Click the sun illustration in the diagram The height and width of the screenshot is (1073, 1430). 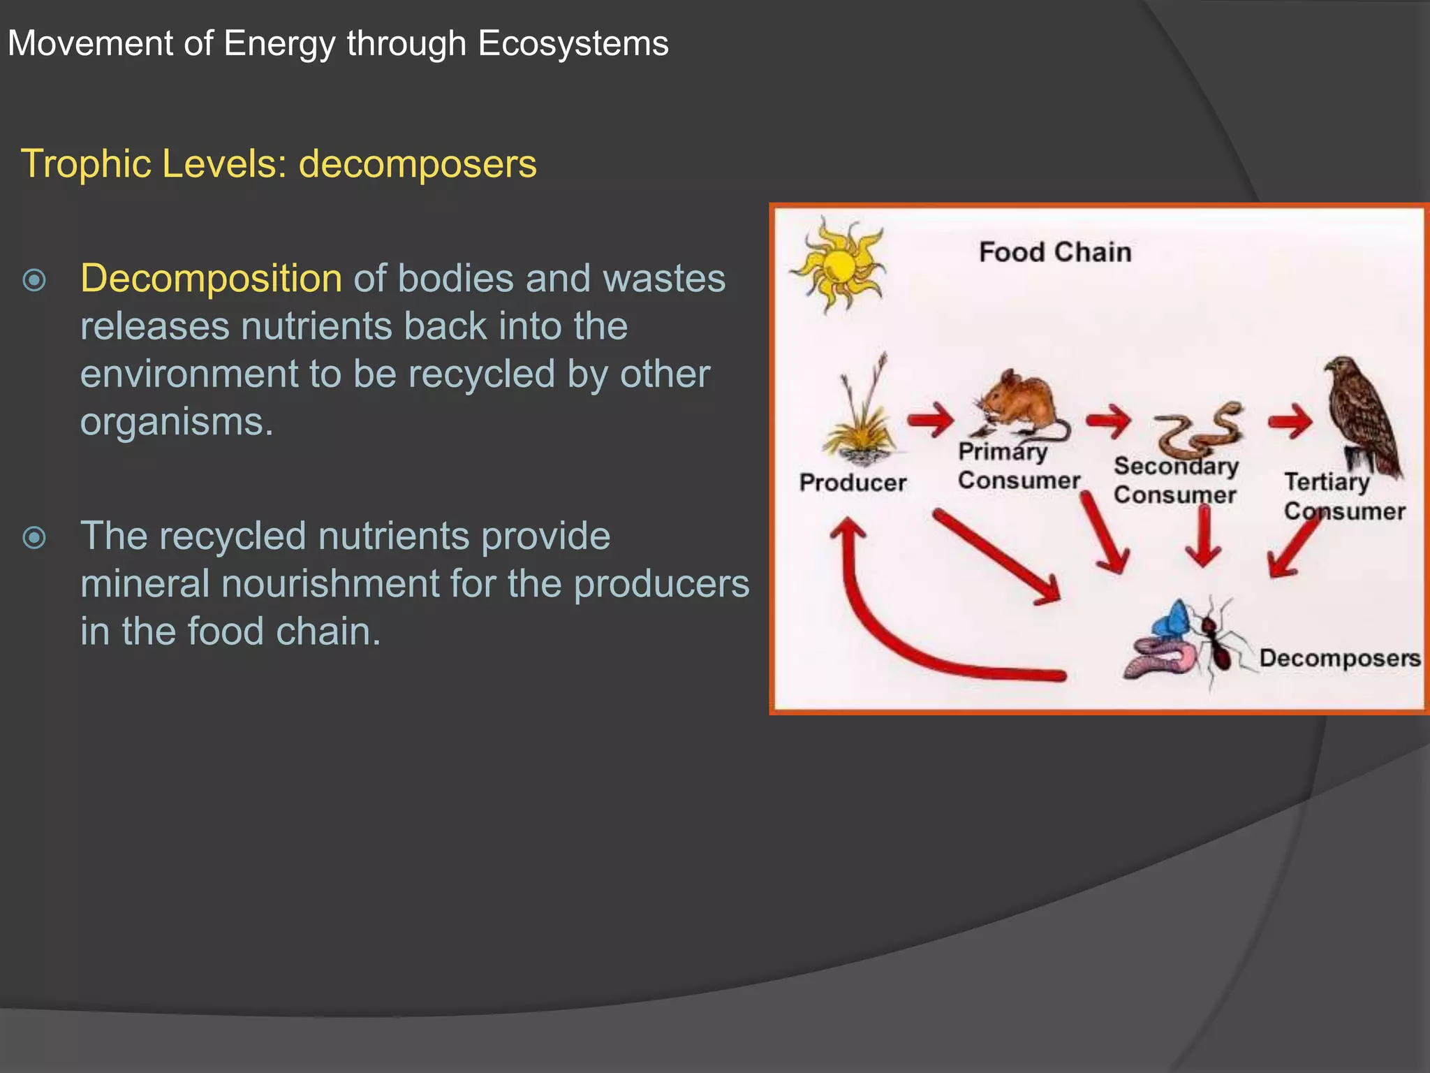pos(839,266)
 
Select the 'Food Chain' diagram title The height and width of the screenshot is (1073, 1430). pos(1054,252)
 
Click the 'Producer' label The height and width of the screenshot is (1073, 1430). pos(853,482)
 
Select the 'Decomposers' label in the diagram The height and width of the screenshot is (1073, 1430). pos(1339,658)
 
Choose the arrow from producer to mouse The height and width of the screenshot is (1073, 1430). pos(931,420)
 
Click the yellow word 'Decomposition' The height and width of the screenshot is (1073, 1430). pos(211,278)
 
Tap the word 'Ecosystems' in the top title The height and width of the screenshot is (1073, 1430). pos(573,43)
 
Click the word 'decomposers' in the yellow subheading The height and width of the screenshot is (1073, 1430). pos(418,163)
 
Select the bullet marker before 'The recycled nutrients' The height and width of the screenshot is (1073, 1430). pos(34,537)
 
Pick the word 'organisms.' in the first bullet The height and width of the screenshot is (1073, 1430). pos(177,421)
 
